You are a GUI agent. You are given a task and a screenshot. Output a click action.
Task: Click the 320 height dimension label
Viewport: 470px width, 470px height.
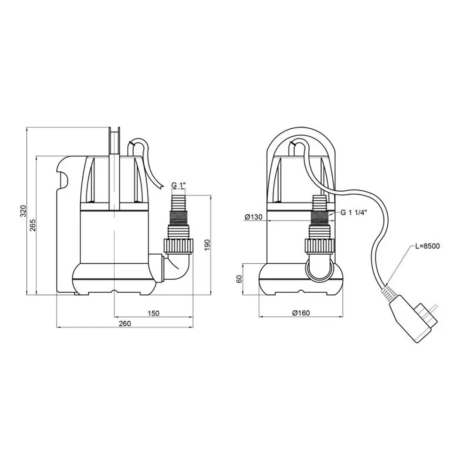click(23, 211)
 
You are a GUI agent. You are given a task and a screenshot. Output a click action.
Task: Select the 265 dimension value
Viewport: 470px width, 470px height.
click(33, 225)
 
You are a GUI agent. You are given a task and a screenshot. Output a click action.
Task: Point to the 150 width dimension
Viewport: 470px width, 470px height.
click(154, 313)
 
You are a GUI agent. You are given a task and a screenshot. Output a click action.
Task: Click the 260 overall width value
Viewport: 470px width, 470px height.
click(125, 324)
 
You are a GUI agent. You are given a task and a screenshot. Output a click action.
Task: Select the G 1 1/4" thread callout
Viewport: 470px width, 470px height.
click(354, 212)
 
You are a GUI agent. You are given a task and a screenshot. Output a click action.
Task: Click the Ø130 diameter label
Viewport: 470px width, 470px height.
click(253, 217)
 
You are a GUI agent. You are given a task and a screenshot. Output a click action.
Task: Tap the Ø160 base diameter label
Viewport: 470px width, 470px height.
click(301, 313)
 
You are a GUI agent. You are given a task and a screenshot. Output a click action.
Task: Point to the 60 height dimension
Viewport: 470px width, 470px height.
click(239, 279)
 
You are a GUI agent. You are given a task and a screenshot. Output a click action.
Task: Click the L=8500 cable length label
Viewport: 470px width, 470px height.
click(427, 246)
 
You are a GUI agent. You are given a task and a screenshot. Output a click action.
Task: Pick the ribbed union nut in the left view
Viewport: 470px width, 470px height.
click(179, 246)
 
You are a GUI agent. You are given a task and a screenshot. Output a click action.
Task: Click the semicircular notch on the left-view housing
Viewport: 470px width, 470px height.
click(63, 178)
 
